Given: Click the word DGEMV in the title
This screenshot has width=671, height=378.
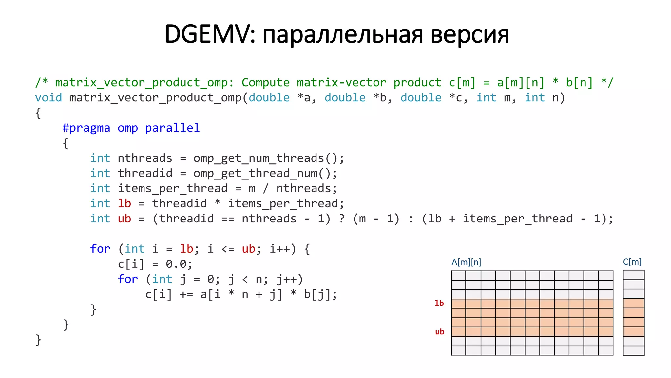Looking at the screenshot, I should click(x=207, y=34).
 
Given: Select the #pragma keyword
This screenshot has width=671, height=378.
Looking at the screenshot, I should click(x=86, y=128).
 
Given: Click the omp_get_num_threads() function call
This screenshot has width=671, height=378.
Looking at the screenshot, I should click(x=268, y=158).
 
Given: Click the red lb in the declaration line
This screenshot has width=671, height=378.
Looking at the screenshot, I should click(x=125, y=203).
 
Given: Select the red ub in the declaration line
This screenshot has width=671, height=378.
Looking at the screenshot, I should click(x=125, y=219).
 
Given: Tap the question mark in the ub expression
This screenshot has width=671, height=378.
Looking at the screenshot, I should click(x=342, y=219).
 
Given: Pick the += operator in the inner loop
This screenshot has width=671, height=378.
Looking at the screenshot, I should click(x=186, y=294).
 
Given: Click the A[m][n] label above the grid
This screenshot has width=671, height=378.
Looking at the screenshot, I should click(x=466, y=262).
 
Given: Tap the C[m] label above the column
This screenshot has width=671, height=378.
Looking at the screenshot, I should click(x=632, y=262).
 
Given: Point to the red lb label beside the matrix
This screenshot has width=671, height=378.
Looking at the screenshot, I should click(x=439, y=303).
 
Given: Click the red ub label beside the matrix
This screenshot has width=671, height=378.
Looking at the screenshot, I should click(x=439, y=332).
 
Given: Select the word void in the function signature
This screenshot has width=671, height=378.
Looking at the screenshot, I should click(x=48, y=98).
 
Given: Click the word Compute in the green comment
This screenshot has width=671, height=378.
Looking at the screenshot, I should click(x=265, y=83).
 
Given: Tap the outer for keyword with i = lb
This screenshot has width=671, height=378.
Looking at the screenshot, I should click(x=100, y=249).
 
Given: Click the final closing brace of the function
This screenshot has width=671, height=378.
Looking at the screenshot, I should click(x=38, y=340).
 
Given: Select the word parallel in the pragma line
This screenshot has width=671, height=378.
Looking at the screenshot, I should click(x=172, y=128).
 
